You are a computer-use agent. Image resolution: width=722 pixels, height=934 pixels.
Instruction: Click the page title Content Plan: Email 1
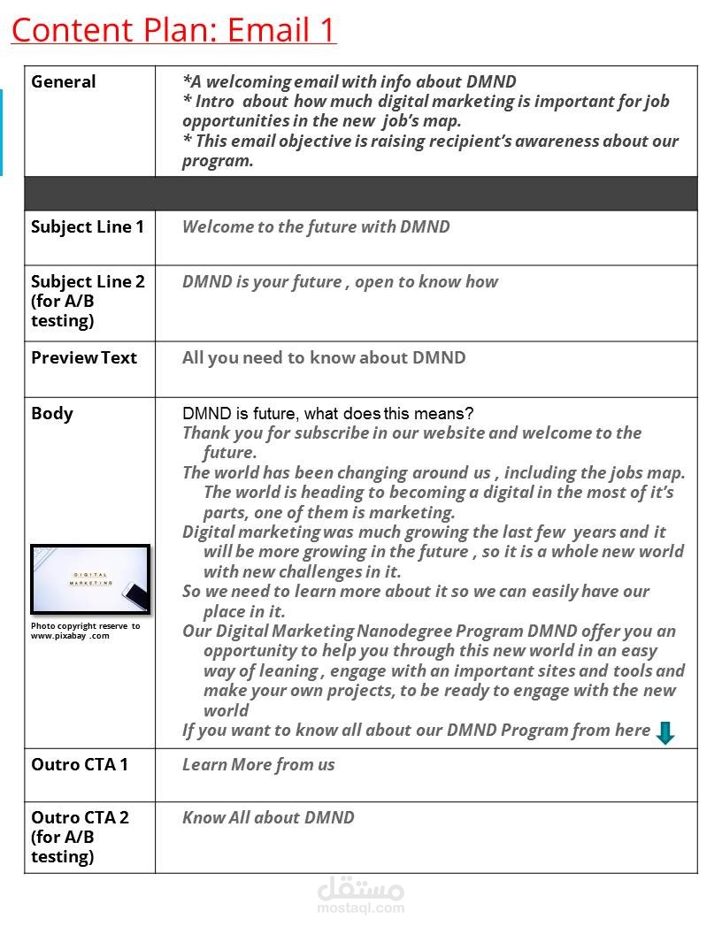[173, 29]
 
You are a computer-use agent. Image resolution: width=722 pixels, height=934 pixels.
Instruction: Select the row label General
[63, 82]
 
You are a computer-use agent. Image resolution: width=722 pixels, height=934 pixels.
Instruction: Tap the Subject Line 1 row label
[87, 227]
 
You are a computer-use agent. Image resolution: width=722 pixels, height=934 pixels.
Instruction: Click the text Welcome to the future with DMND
[316, 227]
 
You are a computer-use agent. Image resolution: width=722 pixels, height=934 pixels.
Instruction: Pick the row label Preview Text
[84, 358]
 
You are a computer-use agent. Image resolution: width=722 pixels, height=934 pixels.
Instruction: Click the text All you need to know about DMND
[324, 358]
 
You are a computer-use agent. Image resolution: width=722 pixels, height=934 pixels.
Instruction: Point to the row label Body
[52, 414]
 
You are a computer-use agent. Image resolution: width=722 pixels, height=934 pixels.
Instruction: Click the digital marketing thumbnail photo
[90, 579]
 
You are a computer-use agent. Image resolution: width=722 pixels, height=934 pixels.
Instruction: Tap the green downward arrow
[665, 732]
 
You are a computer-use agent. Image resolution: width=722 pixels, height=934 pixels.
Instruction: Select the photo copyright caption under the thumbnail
[85, 631]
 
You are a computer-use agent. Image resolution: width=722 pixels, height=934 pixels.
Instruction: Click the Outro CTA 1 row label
[80, 765]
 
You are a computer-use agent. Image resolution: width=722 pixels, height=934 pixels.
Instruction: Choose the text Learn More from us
[258, 765]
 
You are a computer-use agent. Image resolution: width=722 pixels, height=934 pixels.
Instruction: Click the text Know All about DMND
[268, 818]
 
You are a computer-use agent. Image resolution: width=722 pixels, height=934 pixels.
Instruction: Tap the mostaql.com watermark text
[360, 907]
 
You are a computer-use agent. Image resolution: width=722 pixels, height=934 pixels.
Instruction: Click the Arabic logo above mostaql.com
[360, 887]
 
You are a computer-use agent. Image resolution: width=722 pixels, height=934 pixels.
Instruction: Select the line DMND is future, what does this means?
[327, 414]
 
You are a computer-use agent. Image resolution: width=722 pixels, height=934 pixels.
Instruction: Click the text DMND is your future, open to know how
[340, 282]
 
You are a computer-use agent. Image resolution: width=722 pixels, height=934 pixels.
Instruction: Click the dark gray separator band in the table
[360, 193]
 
